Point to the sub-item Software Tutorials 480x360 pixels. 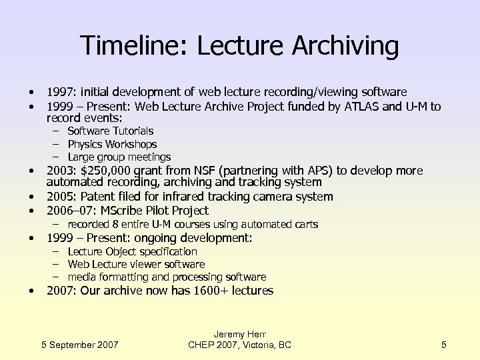(110, 131)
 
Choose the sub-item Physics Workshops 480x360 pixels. (112, 144)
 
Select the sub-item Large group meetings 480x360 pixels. (119, 157)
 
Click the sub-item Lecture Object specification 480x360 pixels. (132, 251)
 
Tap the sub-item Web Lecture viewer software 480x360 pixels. (136, 264)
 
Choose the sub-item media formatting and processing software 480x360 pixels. (167, 277)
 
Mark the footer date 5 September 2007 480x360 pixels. (80, 345)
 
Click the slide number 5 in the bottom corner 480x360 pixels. (443, 345)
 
